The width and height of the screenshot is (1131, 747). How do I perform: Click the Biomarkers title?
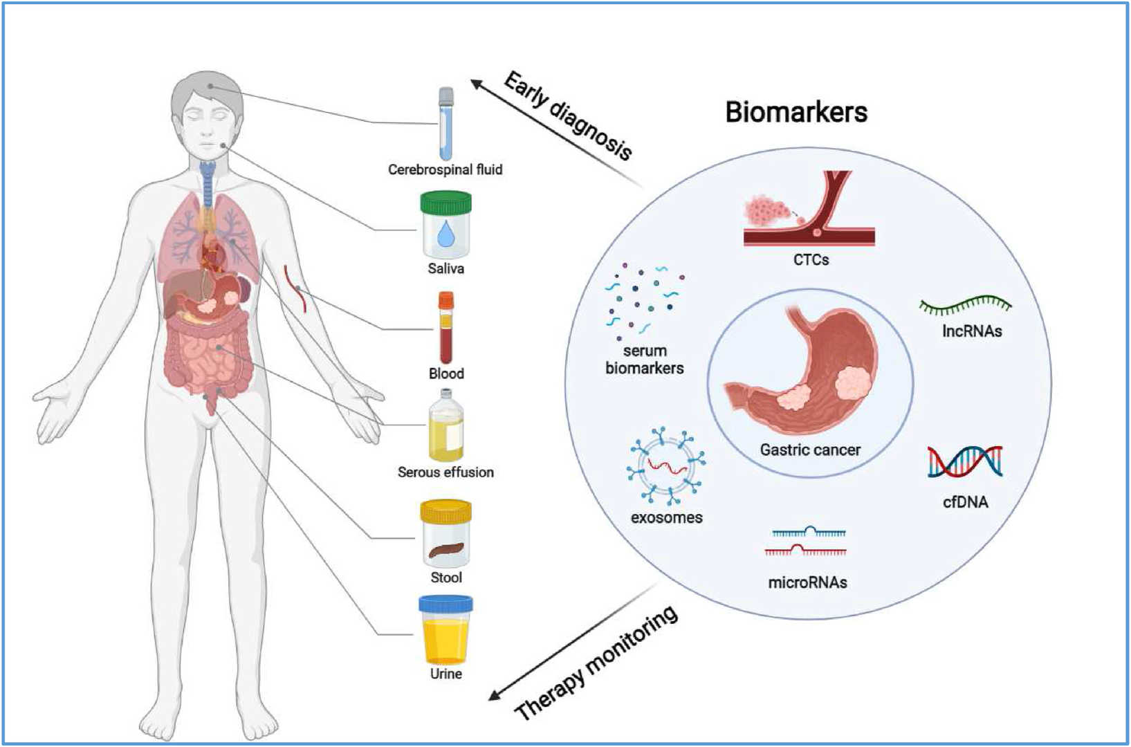[796, 112]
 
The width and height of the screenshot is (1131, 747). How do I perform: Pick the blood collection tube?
[446, 327]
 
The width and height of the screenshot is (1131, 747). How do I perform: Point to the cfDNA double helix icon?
[965, 461]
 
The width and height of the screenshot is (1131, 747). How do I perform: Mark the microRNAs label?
[807, 582]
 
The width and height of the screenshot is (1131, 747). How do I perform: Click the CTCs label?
[811, 260]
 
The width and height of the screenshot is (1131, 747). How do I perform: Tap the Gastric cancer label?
[810, 450]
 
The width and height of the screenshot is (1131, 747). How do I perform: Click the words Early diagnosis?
[567, 116]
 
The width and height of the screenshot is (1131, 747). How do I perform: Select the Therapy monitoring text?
[596, 663]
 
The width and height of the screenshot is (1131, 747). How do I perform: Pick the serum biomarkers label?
[645, 360]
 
